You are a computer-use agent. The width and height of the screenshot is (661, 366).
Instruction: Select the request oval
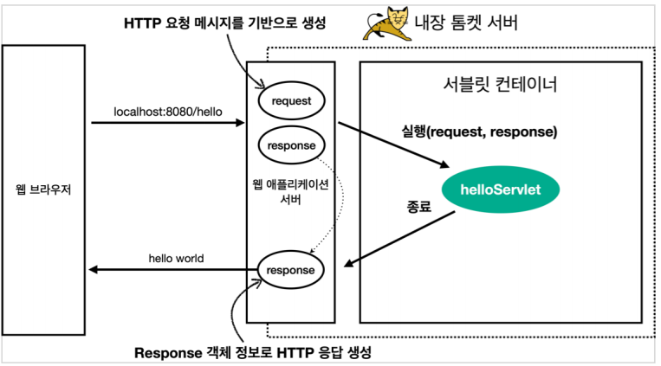pos(291,100)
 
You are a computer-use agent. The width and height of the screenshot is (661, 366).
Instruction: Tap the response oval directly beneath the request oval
pos(291,145)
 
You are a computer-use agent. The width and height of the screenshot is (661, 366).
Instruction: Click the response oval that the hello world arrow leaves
pos(291,270)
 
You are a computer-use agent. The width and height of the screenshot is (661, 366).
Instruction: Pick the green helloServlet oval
pos(502,189)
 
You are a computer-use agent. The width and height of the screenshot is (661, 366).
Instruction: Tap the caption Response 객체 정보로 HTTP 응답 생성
pos(258,353)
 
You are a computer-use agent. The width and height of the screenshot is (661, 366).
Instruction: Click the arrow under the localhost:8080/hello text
pos(168,123)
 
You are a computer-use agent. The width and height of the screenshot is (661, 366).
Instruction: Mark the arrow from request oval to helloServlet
pos(394,144)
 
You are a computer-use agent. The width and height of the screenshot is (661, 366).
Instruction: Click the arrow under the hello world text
pos(173,270)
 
